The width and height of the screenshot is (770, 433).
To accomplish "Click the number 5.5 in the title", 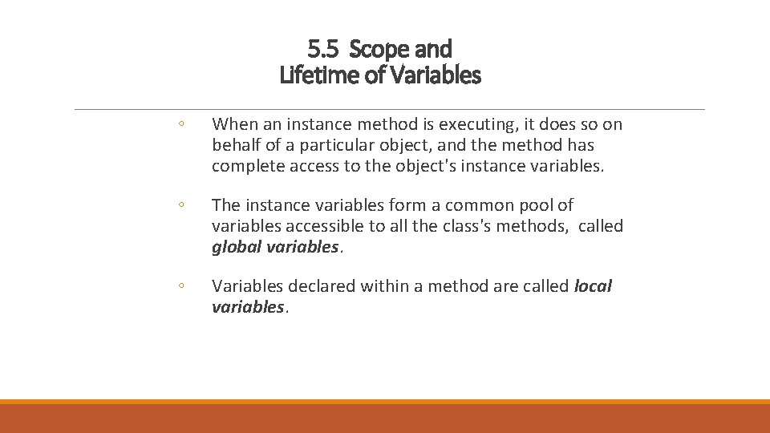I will (x=322, y=50).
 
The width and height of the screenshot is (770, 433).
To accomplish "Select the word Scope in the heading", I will (x=378, y=50).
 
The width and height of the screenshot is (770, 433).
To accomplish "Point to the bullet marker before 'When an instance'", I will (x=182, y=124).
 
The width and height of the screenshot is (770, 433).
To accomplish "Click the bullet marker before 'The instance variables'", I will (x=182, y=205).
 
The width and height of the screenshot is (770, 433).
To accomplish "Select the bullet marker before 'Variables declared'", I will (x=182, y=286).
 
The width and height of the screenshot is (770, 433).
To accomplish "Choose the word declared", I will (x=317, y=286).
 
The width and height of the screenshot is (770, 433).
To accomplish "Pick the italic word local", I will (x=593, y=286).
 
